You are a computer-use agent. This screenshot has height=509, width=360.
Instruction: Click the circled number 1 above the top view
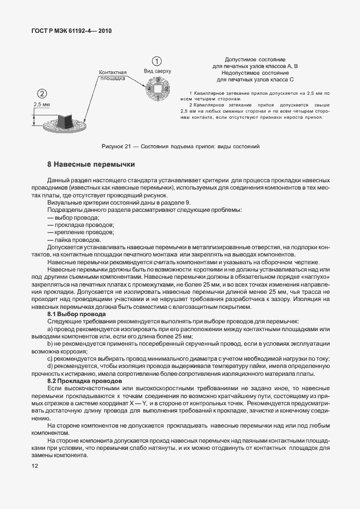point(158,61)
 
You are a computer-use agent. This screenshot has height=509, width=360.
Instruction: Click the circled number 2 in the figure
point(42,93)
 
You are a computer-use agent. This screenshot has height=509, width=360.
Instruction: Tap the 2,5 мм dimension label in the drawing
point(42,104)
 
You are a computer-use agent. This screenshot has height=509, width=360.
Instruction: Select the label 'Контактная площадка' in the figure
point(113,76)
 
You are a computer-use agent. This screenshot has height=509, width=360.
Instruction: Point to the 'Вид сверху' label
point(158,71)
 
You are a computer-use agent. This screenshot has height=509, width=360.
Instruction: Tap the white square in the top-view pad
point(158,88)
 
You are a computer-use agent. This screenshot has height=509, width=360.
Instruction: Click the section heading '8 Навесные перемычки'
point(91,164)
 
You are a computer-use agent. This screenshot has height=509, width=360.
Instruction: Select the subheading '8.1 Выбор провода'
point(73,314)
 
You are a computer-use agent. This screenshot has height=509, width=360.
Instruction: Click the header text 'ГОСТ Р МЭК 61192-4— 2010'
point(72,31)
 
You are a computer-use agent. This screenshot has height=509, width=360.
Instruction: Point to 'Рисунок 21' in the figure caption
point(116,146)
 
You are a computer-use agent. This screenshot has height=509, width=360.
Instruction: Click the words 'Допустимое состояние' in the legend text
point(255,59)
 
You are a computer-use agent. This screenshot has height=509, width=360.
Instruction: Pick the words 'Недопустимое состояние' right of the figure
point(255,73)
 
